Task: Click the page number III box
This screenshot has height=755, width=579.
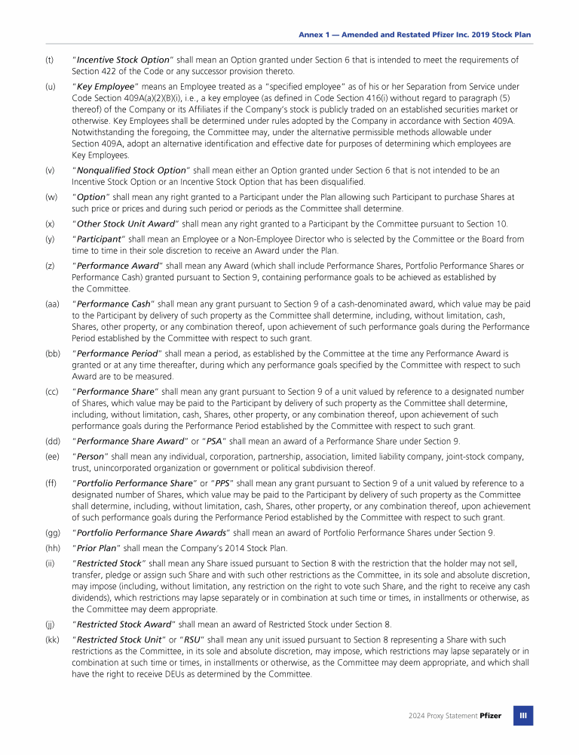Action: point(523,715)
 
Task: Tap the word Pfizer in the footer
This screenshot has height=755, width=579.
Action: point(490,715)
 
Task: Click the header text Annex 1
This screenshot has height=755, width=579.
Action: point(314,35)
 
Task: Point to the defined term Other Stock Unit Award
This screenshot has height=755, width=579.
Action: point(125,223)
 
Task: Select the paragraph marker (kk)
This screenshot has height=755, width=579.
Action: point(52,640)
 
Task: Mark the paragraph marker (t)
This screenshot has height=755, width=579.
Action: point(49,60)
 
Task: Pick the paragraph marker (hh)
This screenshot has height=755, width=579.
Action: point(52,548)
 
